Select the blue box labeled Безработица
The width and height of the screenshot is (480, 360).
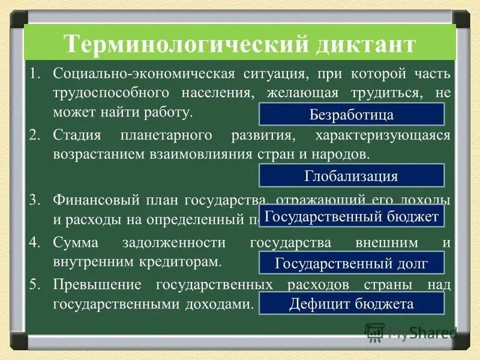[x=352, y=114]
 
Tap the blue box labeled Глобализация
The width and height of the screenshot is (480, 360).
[x=352, y=176]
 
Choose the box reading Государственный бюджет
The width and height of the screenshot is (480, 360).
[x=352, y=217]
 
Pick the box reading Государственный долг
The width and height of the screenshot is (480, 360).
[x=352, y=263]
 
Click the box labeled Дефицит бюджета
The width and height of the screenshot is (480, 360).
[x=352, y=304]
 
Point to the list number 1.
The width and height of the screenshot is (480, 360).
[x=35, y=74]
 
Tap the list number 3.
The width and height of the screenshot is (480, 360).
[x=35, y=199]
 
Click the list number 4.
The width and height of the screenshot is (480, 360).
[x=35, y=243]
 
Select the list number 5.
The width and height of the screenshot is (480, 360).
[x=35, y=285]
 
